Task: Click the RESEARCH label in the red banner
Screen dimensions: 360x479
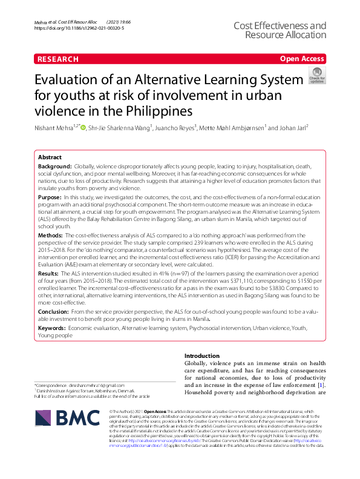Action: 58,59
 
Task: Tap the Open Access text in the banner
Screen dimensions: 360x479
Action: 301,59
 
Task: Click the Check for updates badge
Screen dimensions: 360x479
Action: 316,77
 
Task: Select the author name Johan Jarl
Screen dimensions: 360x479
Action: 293,128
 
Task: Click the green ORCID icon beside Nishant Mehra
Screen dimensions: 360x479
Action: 83,127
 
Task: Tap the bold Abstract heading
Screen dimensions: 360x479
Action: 50,156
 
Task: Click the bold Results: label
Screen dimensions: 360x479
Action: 50,274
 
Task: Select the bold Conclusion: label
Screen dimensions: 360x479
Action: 54,311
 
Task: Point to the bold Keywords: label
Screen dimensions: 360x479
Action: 51,328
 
